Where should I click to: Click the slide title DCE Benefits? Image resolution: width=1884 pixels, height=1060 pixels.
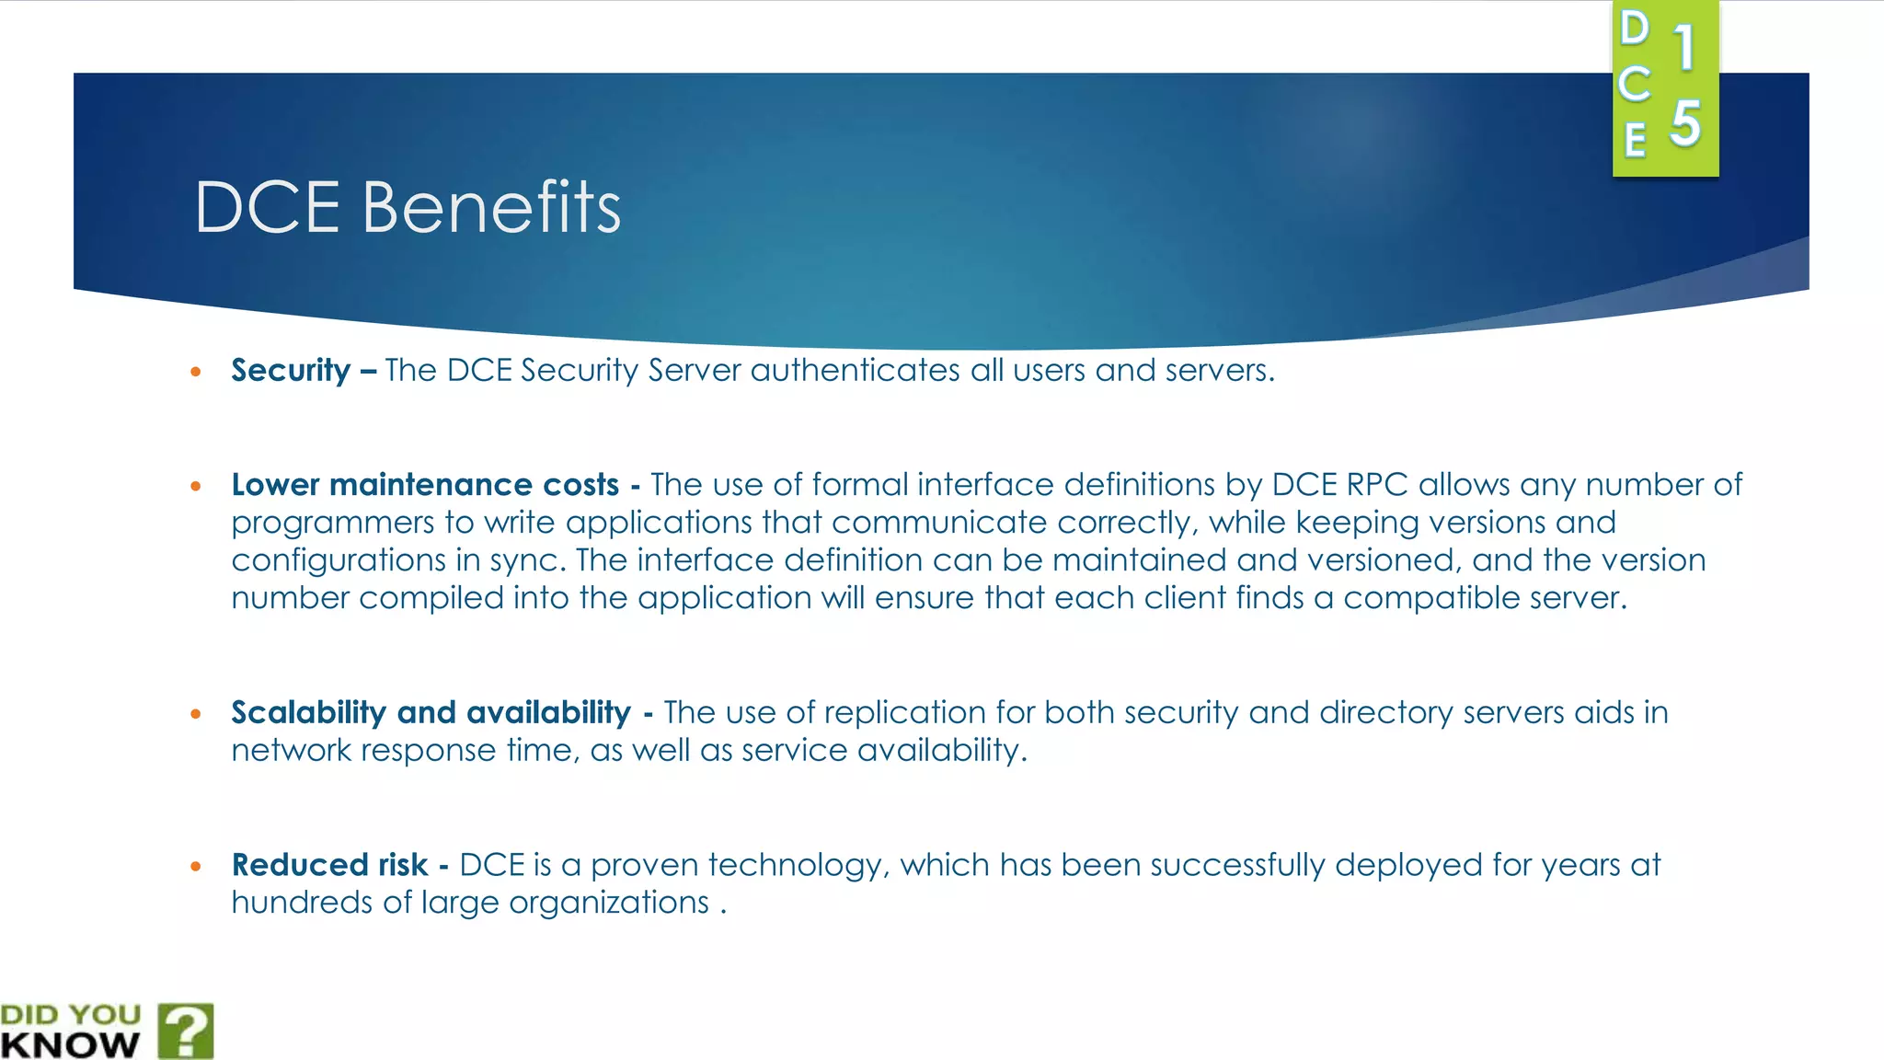tap(408, 207)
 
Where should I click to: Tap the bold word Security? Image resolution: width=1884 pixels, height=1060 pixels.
tap(291, 370)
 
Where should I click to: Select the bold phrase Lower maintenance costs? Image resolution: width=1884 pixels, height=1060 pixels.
tap(425, 485)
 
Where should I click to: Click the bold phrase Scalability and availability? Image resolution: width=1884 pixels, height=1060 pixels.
tap(431, 712)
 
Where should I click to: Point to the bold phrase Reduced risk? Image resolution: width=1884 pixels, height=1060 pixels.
tap(329, 865)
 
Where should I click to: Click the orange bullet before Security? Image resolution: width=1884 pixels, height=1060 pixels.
tap(195, 372)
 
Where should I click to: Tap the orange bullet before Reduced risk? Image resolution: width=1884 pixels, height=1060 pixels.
tap(195, 866)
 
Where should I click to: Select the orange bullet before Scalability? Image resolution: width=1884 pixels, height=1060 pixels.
tap(195, 714)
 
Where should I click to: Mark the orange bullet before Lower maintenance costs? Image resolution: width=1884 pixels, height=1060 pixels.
tap(195, 486)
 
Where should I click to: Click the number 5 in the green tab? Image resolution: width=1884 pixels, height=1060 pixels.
tap(1685, 123)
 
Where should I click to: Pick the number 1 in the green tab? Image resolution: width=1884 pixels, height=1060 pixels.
tap(1684, 48)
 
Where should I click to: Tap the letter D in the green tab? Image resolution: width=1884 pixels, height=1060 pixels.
tap(1635, 29)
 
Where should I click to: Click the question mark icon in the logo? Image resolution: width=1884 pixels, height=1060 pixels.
tap(186, 1031)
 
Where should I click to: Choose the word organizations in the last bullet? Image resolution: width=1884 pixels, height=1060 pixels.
tap(608, 903)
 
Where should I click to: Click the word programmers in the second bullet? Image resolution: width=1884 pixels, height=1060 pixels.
tap(332, 524)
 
